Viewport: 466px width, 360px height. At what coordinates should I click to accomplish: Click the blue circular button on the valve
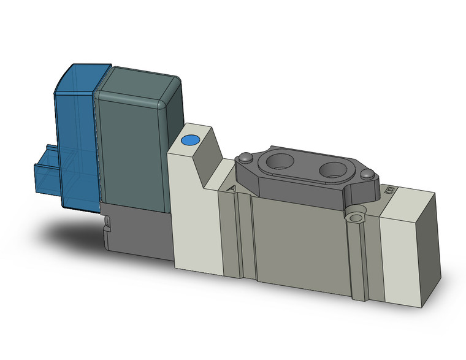point(190,140)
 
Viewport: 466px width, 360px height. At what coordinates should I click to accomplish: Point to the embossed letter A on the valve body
point(231,190)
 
